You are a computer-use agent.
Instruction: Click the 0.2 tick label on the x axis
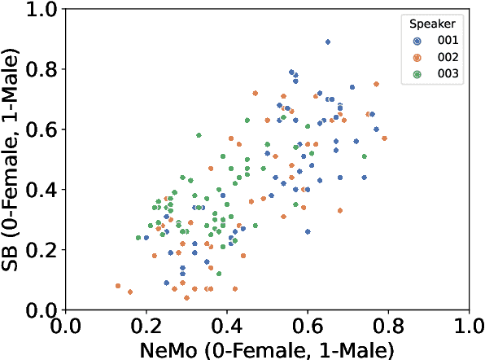(146, 326)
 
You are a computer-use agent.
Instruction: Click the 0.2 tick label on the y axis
(42, 250)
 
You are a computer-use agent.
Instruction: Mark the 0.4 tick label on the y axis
(42, 190)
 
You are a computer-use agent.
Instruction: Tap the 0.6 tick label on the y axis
(42, 130)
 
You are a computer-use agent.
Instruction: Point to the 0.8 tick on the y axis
(42, 69)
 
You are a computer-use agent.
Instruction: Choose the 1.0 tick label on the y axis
(42, 10)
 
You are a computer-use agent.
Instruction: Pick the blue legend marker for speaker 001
(417, 40)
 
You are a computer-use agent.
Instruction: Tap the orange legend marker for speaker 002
(417, 57)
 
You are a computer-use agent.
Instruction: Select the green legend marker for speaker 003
(417, 73)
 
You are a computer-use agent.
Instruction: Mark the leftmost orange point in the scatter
(118, 286)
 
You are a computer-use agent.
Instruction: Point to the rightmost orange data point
(384, 138)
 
